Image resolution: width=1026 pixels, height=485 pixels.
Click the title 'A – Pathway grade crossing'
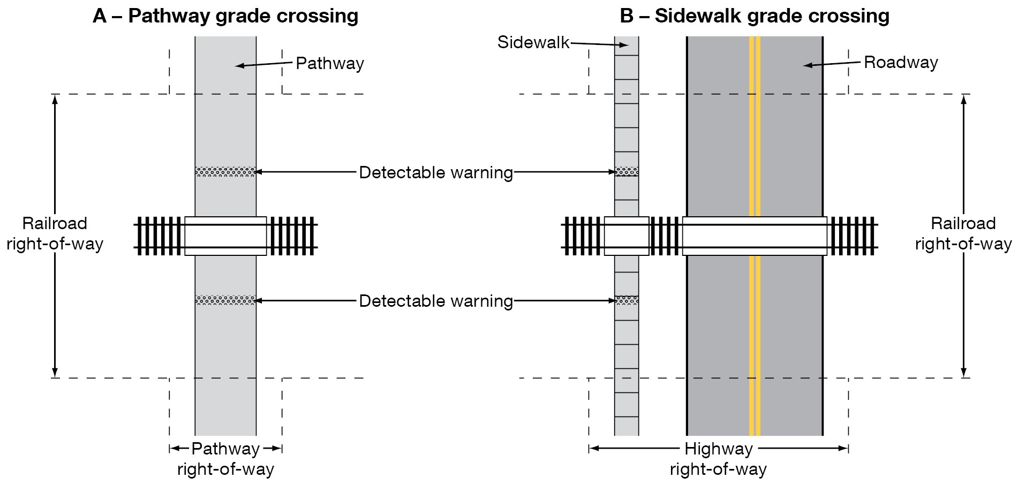coord(225,16)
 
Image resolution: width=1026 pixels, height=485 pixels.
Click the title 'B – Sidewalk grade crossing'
coord(755,16)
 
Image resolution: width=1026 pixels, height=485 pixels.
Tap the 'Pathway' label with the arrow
coord(330,64)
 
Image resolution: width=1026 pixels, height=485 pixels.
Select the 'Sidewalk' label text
coord(533,42)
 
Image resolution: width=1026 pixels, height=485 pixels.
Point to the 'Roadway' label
coord(901,63)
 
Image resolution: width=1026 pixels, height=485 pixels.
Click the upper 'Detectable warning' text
coord(436,172)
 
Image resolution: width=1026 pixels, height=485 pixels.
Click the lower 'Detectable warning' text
coord(436,301)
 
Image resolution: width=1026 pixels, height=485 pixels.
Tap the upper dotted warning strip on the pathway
coord(225,172)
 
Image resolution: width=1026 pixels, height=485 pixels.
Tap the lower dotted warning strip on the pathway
coord(225,300)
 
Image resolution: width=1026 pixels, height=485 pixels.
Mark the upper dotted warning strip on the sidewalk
coord(627,172)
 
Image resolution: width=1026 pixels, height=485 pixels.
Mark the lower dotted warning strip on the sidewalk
coord(627,300)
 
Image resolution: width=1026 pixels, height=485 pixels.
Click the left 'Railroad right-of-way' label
coord(55,234)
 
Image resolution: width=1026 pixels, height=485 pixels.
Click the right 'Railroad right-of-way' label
coord(963,234)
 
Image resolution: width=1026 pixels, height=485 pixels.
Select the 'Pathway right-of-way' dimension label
coord(225,459)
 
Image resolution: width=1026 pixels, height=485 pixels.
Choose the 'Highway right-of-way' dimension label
coord(719,459)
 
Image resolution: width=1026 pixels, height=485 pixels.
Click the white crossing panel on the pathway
coord(225,236)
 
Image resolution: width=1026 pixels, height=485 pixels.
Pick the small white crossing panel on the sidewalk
coord(627,236)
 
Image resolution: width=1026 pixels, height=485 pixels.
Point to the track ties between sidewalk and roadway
coord(666,236)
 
